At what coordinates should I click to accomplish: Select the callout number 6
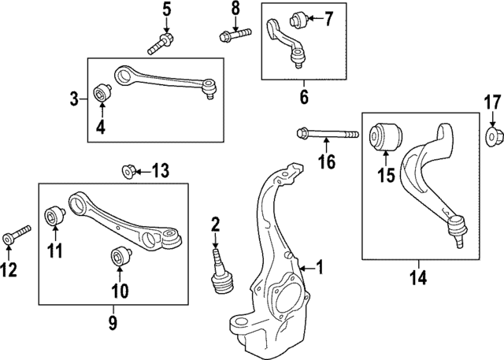coord(304,98)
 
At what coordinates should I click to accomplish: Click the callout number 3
coord(74,99)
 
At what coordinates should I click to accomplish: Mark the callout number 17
coord(491,102)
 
